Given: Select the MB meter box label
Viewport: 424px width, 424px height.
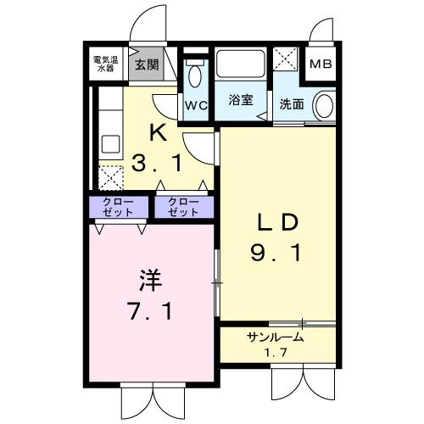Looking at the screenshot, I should pyautogui.click(x=321, y=64).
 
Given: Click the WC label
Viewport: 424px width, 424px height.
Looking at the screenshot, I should pyautogui.click(x=196, y=105).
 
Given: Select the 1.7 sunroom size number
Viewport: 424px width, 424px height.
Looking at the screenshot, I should pyautogui.click(x=275, y=353).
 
